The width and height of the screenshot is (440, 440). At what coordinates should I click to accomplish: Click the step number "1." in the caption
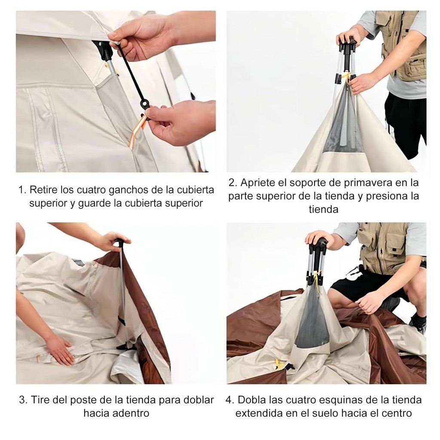coord(23,190)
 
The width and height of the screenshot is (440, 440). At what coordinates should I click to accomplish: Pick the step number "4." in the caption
coord(230,400)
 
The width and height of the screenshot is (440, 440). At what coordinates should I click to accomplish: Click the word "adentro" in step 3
coord(131,413)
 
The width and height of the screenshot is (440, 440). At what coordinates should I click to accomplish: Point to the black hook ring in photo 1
coord(145,104)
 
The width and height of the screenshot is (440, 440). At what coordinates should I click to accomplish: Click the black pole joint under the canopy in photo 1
coord(104,52)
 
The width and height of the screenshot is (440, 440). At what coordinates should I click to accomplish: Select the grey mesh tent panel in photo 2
coord(343,123)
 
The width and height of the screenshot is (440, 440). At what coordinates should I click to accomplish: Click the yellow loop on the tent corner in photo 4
coord(278,364)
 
